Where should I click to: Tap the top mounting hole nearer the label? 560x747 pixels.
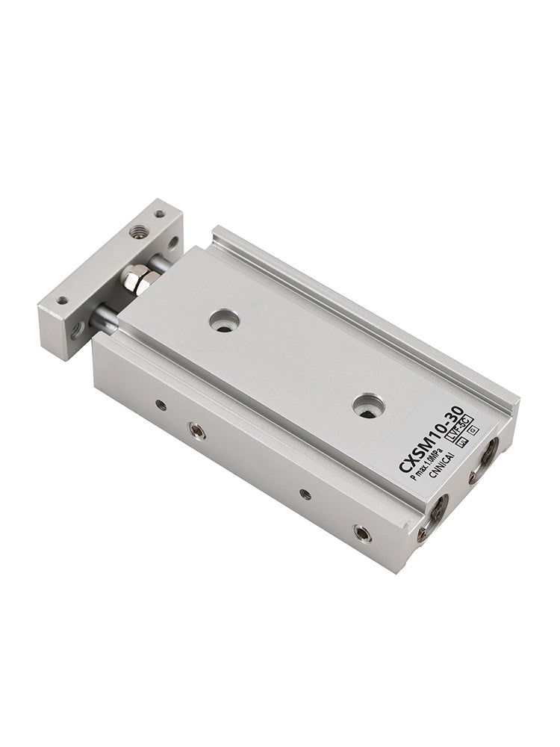tap(368, 406)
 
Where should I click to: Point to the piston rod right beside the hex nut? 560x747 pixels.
tap(158, 263)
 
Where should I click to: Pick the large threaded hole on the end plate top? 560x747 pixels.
tap(137, 232)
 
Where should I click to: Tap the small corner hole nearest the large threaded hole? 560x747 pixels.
tap(159, 214)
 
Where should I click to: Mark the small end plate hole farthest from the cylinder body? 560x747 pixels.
tap(62, 300)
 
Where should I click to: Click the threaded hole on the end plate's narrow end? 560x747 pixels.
tap(77, 329)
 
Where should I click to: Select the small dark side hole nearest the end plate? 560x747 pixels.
tap(161, 405)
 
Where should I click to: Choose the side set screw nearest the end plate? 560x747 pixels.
tap(196, 430)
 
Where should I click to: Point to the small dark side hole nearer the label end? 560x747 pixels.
tap(305, 494)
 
